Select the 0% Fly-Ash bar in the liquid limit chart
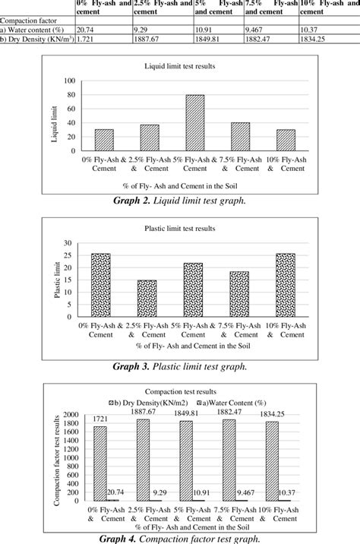[104, 140]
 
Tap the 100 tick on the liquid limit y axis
[69, 81]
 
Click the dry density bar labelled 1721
[99, 463]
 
